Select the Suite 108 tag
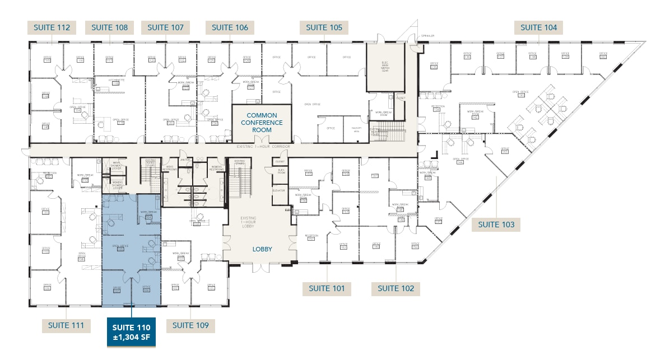coord(109,27)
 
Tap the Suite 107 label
coord(166,27)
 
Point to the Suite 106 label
coord(230,27)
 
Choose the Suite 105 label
coord(324,27)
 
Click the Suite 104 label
coord(538,27)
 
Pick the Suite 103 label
coord(496,225)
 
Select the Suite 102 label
coord(396,288)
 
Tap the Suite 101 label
coord(327,288)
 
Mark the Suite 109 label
coord(190,325)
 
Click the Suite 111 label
coord(66,325)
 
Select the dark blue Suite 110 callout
coord(131,331)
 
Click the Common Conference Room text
coord(262,123)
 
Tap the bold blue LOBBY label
coord(261,249)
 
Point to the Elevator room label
coord(279,191)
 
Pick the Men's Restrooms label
coord(172,168)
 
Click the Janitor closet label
coord(184,160)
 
